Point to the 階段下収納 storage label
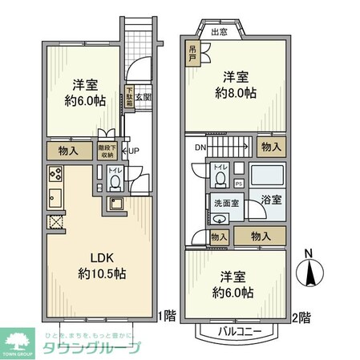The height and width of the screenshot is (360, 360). (106, 150)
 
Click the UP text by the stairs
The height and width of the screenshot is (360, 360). (136, 150)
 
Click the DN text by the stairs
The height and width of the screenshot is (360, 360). (200, 147)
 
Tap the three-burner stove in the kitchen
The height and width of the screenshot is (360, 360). (55, 173)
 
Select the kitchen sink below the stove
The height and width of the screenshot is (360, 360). (55, 200)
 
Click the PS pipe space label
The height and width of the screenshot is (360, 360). (238, 184)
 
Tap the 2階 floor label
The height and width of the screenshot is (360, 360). (301, 317)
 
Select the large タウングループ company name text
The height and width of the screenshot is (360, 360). (91, 347)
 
